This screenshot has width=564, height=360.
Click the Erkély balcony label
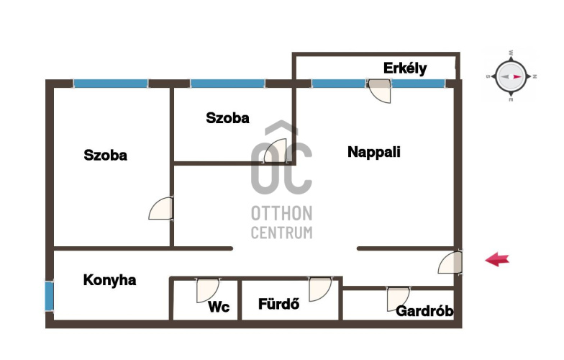(x=405, y=68)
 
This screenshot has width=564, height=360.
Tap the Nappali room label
(x=374, y=152)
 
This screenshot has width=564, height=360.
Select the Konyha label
(x=109, y=280)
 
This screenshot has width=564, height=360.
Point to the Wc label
(x=219, y=307)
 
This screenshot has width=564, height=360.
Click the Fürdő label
(x=279, y=304)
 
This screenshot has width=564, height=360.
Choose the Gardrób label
(x=424, y=311)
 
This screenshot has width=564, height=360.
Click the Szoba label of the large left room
(x=105, y=156)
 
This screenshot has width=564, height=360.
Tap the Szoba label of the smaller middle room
(x=227, y=118)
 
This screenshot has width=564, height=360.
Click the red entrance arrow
(x=498, y=259)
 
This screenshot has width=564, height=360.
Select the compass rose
(x=511, y=76)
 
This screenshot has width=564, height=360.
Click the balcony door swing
(x=379, y=91)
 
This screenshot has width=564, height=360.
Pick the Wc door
(x=207, y=290)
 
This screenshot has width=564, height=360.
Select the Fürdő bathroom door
(x=319, y=289)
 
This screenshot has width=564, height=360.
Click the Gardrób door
(x=398, y=300)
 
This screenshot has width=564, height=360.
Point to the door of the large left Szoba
(x=161, y=208)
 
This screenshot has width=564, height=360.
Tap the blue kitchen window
(x=49, y=297)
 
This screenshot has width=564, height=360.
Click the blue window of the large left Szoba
(x=111, y=84)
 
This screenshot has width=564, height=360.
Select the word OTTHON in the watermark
(x=282, y=214)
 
